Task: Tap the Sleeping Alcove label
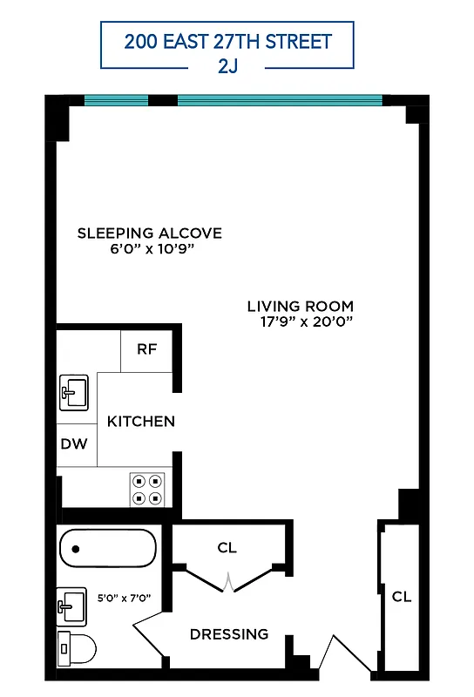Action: point(150,233)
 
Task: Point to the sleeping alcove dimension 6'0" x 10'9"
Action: point(150,248)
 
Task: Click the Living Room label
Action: point(300,306)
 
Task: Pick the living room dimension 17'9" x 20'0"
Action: point(305,321)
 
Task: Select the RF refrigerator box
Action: point(146,349)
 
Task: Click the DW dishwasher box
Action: point(74,443)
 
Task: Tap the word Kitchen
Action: point(140,421)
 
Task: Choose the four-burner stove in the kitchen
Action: point(147,489)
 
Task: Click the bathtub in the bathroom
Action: point(108,549)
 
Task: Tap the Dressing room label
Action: point(229,633)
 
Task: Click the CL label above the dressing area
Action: point(227,547)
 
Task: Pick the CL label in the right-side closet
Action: point(401,597)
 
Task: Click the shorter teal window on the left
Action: point(115,99)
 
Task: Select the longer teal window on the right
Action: point(280,99)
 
